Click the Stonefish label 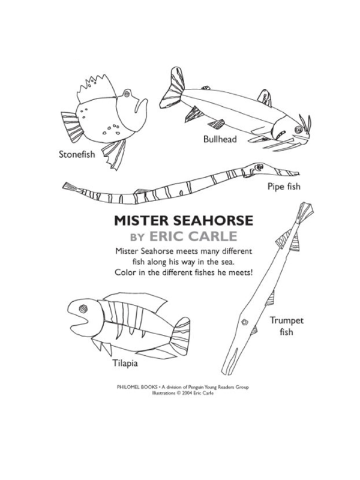pyautogui.click(x=77, y=154)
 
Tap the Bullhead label pyautogui.click(x=220, y=139)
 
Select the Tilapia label pyautogui.click(x=125, y=364)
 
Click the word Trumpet pyautogui.click(x=287, y=321)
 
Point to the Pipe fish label pyautogui.click(x=284, y=187)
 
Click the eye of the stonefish pyautogui.click(x=127, y=93)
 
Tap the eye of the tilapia pyautogui.click(x=83, y=308)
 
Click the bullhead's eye pyautogui.click(x=298, y=130)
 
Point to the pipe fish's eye pyautogui.click(x=260, y=167)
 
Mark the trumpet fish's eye pyautogui.click(x=245, y=322)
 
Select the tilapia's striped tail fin pyautogui.click(x=181, y=334)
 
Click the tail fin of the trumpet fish pyautogui.click(x=305, y=212)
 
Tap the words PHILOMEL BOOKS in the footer pyautogui.click(x=137, y=387)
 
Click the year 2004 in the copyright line pyautogui.click(x=187, y=394)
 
